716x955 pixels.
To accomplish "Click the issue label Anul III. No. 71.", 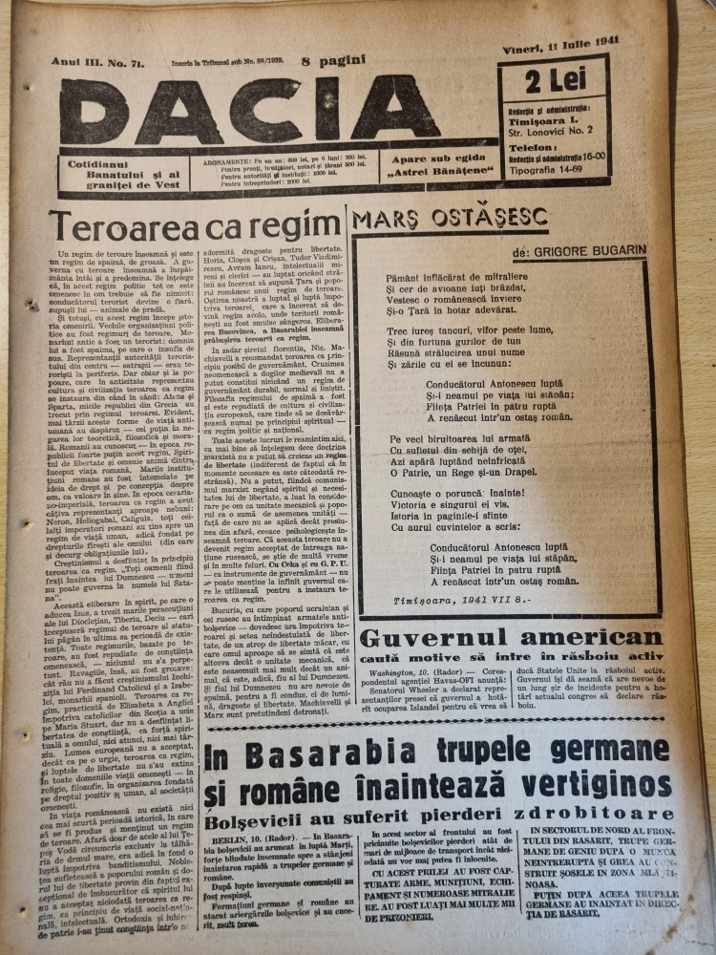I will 87,60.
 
